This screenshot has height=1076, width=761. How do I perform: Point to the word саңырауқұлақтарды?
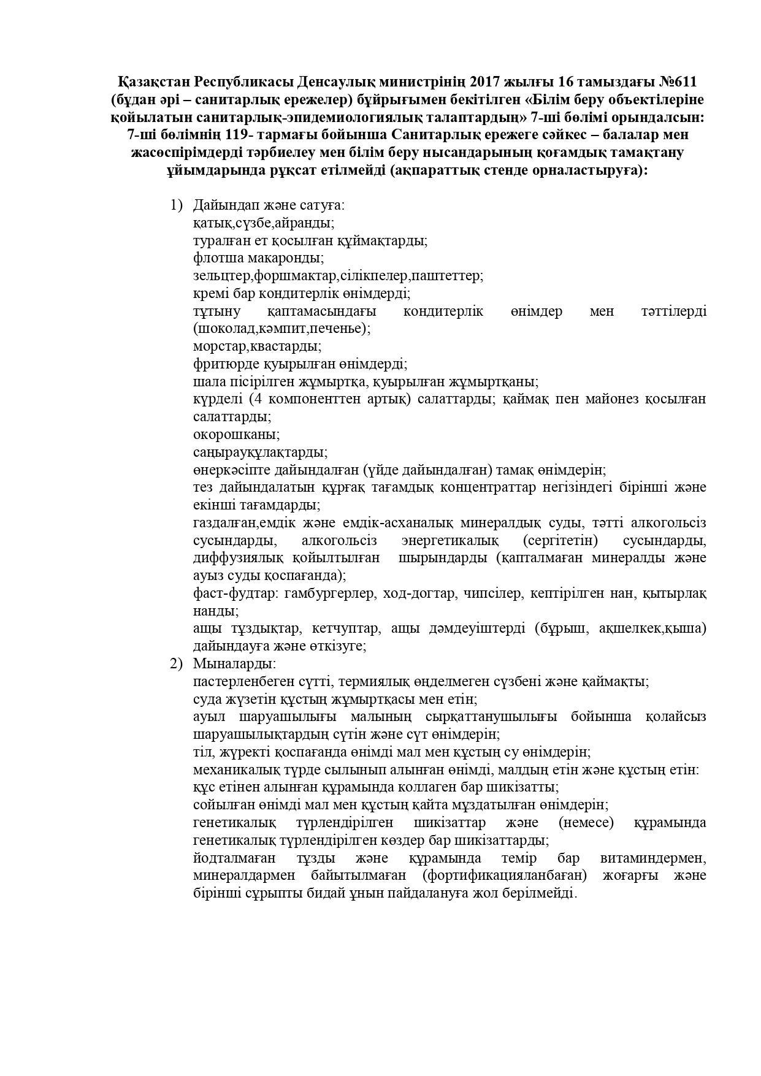point(260,452)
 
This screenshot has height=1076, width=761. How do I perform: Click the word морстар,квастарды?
point(257,346)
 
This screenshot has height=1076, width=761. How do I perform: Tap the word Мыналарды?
point(234,664)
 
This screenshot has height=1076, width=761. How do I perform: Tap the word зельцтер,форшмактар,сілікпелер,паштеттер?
point(338,276)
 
